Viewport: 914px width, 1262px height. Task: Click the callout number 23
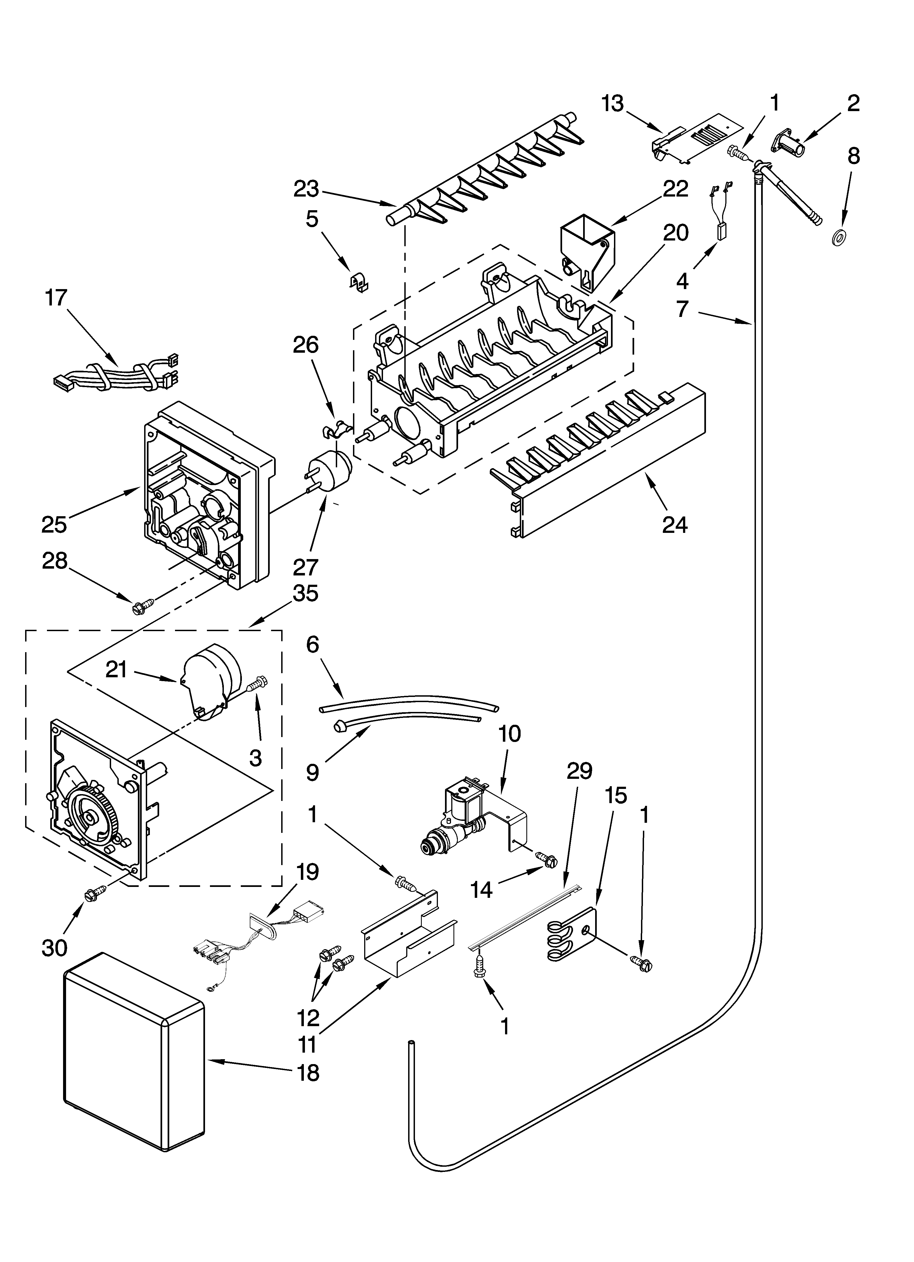coord(306,190)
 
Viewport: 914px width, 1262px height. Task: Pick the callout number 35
coord(305,593)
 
